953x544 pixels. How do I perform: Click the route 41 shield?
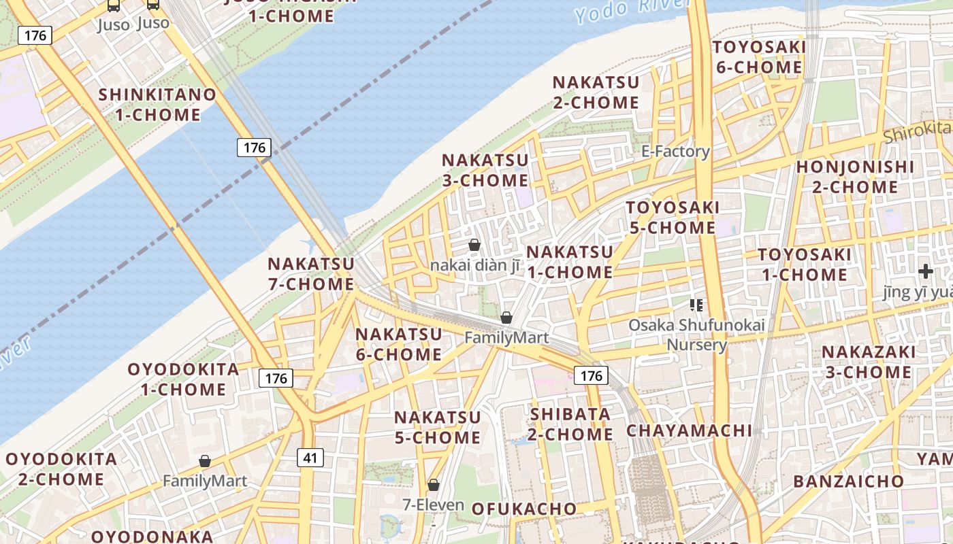(x=310, y=458)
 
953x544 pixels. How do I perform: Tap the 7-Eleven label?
(x=433, y=505)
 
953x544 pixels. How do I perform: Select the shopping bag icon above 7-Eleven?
(x=434, y=485)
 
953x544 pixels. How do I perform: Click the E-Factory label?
(x=675, y=151)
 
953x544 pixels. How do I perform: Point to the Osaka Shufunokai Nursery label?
(x=696, y=335)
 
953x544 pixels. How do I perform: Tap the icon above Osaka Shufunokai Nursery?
(x=696, y=305)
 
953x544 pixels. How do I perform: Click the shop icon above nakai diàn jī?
(x=474, y=245)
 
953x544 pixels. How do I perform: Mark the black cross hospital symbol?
(x=925, y=272)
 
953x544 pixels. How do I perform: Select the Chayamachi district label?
(x=689, y=430)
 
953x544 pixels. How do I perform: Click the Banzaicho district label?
(x=848, y=481)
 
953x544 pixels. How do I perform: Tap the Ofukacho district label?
(x=523, y=509)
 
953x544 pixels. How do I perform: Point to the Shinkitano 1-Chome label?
(x=158, y=105)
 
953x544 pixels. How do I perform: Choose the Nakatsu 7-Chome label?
(x=311, y=273)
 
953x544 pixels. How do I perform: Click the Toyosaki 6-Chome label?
(x=759, y=57)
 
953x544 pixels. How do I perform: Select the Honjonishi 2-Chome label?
(x=856, y=176)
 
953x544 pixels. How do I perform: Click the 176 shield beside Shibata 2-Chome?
(x=591, y=375)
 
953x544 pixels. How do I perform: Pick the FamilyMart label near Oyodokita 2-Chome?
(x=204, y=481)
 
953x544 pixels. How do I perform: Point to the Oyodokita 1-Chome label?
(x=184, y=379)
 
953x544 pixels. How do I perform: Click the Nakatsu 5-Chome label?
(x=437, y=427)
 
